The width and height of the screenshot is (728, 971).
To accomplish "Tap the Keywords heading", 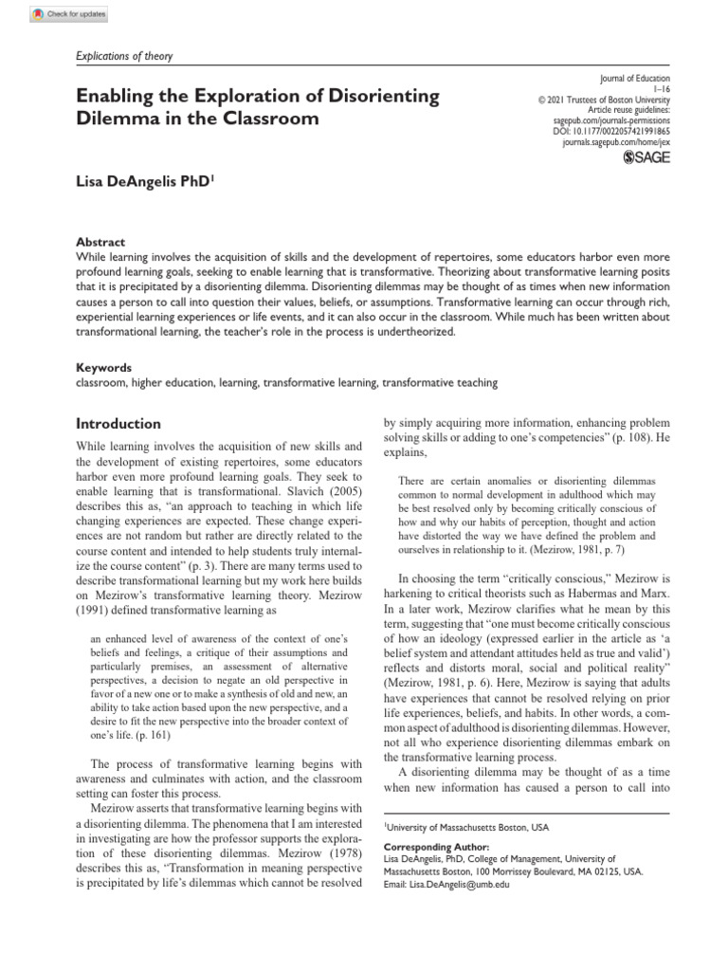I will click(x=103, y=367).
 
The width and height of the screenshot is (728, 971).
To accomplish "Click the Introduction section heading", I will click(x=118, y=424).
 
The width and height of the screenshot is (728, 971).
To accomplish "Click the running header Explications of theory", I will click(x=123, y=56).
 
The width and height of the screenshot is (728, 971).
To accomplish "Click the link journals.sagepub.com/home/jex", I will click(x=616, y=141).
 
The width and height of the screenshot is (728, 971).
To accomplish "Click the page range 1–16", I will click(x=661, y=89).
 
